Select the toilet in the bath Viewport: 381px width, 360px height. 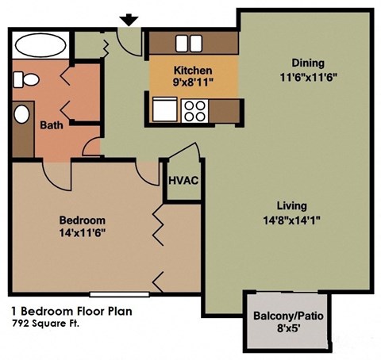27,80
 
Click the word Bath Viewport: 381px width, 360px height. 52,124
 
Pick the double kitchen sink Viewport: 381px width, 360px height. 193,43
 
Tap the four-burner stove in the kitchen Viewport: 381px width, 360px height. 194,109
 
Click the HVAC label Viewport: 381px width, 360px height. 182,179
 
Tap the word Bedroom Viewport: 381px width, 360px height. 83,220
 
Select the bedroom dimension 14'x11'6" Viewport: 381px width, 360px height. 83,232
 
